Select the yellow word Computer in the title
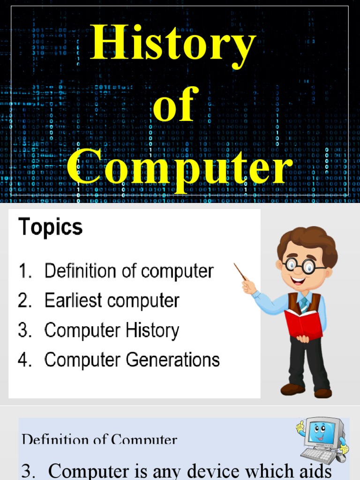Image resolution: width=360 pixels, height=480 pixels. coord(179,167)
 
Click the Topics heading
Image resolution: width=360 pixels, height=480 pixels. coord(50,227)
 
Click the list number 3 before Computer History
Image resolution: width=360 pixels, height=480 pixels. coord(24,330)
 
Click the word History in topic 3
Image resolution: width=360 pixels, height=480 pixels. coord(152,331)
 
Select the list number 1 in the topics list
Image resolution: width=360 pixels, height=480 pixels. coord(23,271)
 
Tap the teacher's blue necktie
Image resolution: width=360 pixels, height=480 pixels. coord(304,304)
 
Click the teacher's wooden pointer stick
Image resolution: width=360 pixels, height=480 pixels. coord(240,271)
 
